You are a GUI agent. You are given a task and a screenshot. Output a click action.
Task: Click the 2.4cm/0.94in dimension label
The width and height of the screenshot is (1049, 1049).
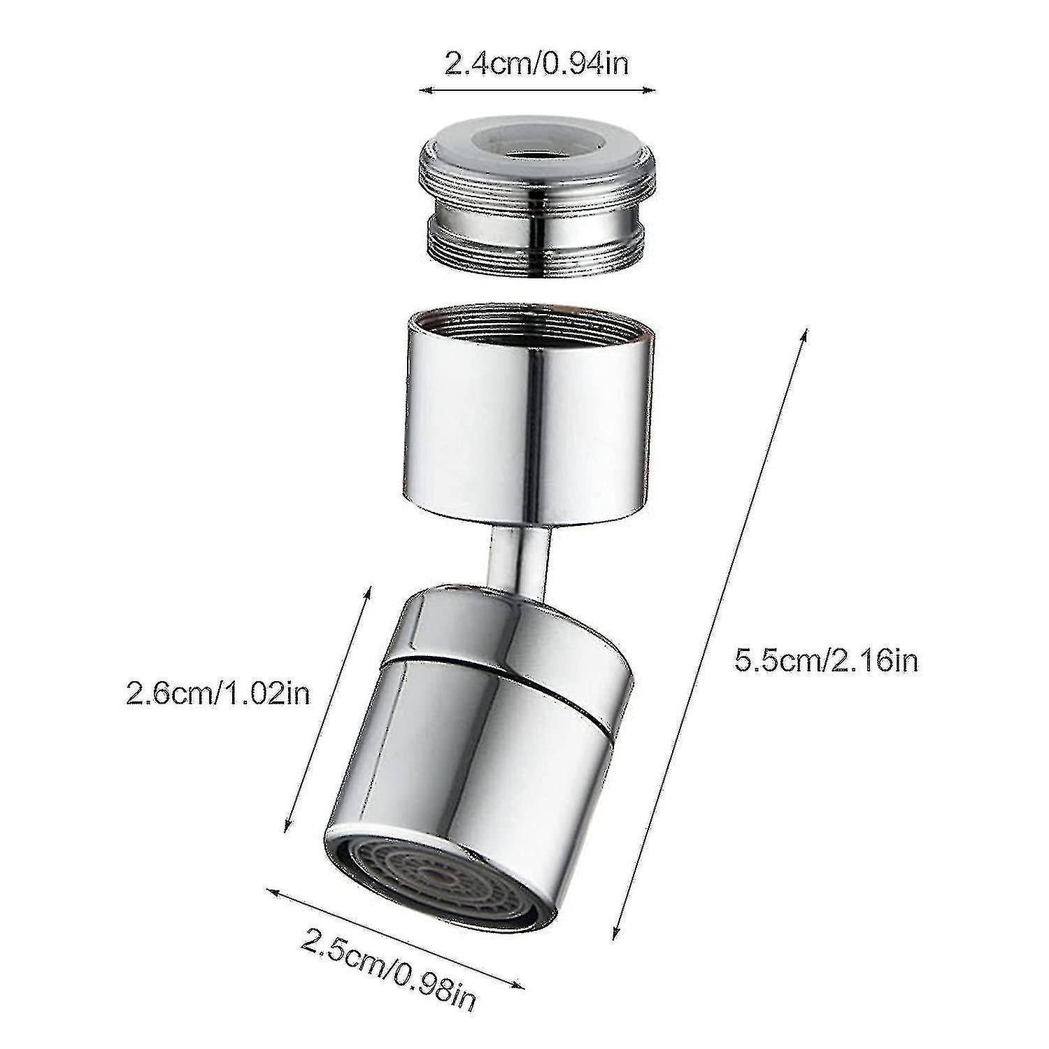point(536,64)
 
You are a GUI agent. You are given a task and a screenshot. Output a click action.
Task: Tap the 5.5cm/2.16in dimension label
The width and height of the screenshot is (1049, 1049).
point(825,661)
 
